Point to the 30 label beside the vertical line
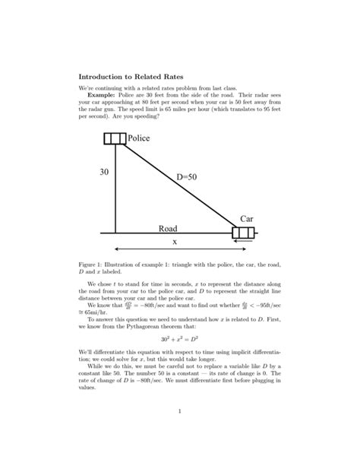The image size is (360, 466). [103, 173]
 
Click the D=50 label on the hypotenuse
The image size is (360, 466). [186, 177]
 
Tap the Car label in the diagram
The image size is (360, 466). [246, 218]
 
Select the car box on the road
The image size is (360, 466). [243, 232]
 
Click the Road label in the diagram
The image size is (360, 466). [168, 228]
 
